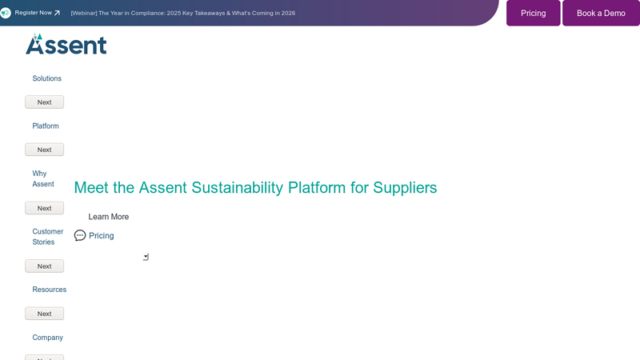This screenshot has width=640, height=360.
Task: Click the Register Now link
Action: [x=33, y=13]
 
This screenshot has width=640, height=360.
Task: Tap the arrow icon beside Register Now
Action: [x=57, y=13]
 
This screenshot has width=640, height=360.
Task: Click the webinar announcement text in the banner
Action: [x=183, y=13]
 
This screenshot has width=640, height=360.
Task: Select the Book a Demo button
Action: [x=601, y=13]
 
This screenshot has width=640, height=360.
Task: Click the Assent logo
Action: [x=66, y=45]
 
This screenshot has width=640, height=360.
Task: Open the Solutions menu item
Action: [x=46, y=78]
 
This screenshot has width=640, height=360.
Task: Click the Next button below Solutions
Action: [x=44, y=102]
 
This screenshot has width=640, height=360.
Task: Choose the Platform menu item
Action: [x=46, y=126]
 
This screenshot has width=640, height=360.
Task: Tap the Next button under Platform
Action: [x=44, y=150]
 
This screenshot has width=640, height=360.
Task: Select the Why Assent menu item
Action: [x=43, y=178]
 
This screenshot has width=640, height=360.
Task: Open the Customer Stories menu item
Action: [x=47, y=237]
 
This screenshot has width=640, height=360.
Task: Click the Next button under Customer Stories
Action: [x=44, y=266]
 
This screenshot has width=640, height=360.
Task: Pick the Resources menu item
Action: [x=49, y=290]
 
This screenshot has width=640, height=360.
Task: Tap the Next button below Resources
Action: [x=44, y=314]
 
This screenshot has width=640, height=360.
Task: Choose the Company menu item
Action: [x=47, y=338]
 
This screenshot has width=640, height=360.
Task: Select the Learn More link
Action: [x=108, y=217]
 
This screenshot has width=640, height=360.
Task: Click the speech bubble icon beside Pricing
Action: [x=80, y=236]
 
